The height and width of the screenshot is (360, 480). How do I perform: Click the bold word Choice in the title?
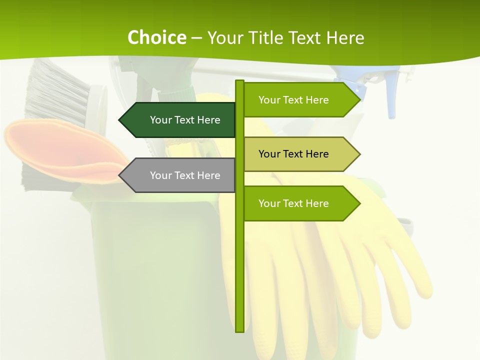pyautogui.click(x=156, y=38)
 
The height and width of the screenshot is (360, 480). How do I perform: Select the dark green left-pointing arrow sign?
pyautogui.click(x=180, y=120)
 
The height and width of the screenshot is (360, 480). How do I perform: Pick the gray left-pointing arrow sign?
pyautogui.click(x=180, y=175)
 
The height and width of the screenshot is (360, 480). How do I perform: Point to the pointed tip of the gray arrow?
pyautogui.click(x=120, y=175)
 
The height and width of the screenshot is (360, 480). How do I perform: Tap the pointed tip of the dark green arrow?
pyautogui.click(x=120, y=120)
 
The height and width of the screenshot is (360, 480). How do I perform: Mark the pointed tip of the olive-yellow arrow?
pyautogui.click(x=358, y=154)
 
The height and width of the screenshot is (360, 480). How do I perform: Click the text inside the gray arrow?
pyautogui.click(x=185, y=175)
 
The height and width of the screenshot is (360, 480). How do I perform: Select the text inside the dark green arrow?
pyautogui.click(x=185, y=120)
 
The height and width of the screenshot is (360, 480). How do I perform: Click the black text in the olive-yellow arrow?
pyautogui.click(x=293, y=154)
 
